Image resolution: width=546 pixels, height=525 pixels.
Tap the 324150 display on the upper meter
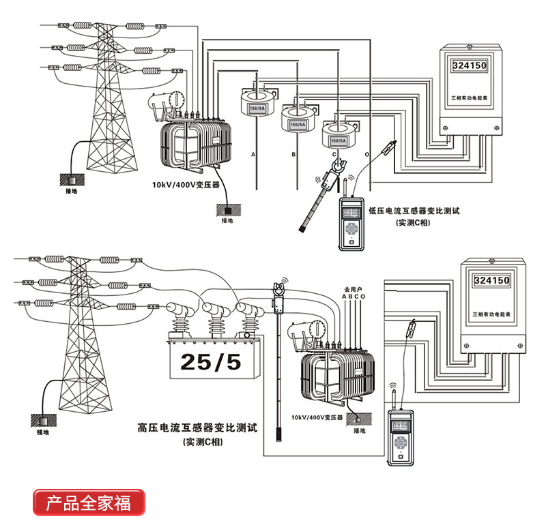click(x=470, y=66)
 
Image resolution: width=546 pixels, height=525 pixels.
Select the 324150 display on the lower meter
click(x=491, y=280)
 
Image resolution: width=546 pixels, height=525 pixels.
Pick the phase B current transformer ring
click(x=297, y=120)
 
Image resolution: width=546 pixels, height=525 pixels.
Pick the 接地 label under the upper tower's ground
click(x=72, y=192)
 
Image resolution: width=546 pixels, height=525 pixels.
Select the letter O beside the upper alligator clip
click(x=369, y=155)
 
